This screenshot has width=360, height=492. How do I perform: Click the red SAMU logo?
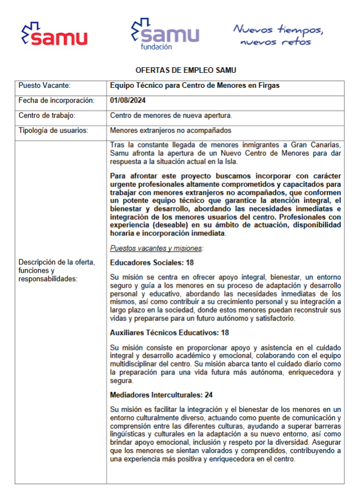tap(54, 34)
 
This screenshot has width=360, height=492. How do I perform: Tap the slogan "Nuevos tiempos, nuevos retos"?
tap(278, 34)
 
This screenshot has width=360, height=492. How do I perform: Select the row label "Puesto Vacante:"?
tap(44, 86)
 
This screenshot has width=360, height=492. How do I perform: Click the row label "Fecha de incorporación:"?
tap(56, 101)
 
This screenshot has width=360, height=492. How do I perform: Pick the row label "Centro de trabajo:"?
tap(47, 116)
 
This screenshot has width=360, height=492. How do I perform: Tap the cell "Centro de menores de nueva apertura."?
tap(171, 116)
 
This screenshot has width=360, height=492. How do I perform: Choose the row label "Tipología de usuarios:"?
tap(53, 131)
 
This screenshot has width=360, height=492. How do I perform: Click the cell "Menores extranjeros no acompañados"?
tap(170, 131)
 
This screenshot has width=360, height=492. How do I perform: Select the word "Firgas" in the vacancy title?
tap(268, 86)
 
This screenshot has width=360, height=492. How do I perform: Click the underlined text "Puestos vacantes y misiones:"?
tap(157, 248)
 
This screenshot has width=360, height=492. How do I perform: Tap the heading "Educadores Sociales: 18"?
tap(152, 262)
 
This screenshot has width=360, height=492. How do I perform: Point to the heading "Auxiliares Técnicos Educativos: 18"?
tap(169, 333)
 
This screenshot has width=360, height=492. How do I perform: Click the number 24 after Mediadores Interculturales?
tap(209, 395)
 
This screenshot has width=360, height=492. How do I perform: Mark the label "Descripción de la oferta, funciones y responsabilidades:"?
tap(57, 270)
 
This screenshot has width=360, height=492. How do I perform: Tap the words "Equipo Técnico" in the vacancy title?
tap(134, 86)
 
